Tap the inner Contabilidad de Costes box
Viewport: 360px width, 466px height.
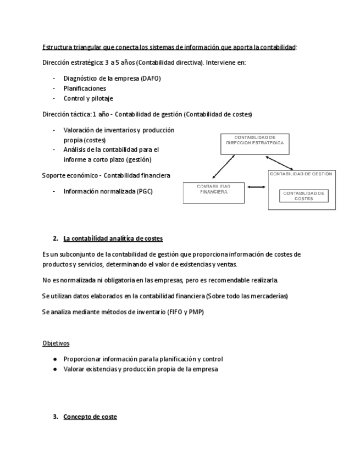point(303,196)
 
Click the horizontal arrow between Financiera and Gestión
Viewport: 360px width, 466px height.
point(256,187)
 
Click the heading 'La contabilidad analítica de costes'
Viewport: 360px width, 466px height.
point(113,238)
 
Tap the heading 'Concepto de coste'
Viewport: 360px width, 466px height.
point(90,417)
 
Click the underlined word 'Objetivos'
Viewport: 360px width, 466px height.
point(56,343)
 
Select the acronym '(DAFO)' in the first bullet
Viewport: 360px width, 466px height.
point(150,78)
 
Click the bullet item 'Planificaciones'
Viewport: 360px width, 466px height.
point(85,88)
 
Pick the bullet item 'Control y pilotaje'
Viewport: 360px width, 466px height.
point(88,98)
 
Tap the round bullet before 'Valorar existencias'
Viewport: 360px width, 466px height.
point(55,369)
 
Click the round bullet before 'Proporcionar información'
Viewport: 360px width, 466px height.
point(55,359)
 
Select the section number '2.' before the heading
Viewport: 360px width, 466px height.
point(56,238)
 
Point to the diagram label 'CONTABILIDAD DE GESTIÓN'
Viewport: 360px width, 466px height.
point(301,174)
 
